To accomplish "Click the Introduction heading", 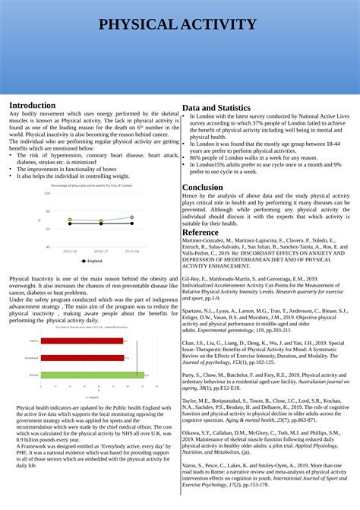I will click(32, 105).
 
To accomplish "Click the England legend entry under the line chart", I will click(93, 261).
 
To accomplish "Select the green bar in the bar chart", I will click(91, 375).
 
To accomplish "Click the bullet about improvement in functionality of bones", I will click(67, 169).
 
